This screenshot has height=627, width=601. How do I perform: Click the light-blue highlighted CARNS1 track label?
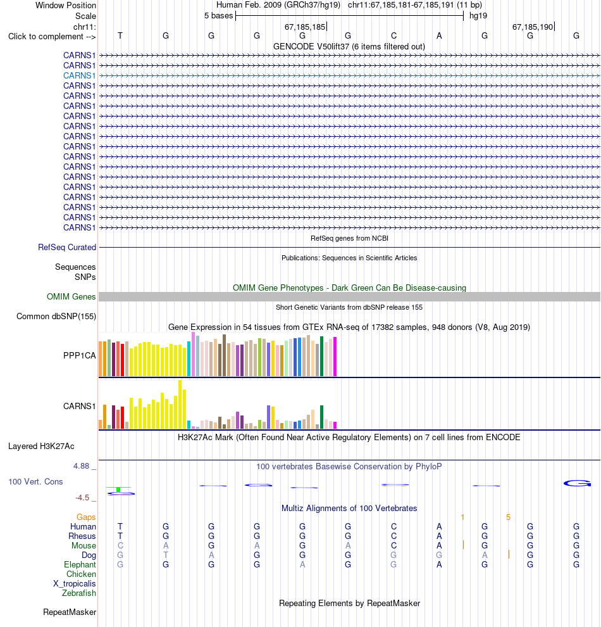point(80,75)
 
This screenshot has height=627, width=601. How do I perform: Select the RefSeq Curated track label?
point(67,247)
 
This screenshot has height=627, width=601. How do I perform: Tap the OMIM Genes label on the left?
point(71,296)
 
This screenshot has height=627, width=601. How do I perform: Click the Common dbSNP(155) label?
point(56,316)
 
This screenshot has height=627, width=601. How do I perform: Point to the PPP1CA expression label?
point(80,355)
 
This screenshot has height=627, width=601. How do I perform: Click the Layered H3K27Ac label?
point(41,446)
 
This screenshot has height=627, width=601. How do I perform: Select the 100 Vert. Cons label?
point(35,481)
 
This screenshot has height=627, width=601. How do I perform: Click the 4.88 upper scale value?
point(81,466)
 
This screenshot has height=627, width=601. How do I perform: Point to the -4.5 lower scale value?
point(82,497)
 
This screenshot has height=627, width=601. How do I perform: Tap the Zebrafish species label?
point(79,593)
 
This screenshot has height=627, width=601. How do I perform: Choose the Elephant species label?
point(80,565)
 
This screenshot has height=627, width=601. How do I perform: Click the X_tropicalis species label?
point(75,584)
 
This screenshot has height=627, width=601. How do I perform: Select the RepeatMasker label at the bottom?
point(70,612)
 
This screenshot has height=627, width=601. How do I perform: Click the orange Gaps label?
point(86,517)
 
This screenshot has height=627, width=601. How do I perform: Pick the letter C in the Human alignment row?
point(393,527)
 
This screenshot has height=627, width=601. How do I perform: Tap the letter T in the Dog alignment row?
point(166,555)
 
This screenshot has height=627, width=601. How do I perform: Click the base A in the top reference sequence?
point(439,36)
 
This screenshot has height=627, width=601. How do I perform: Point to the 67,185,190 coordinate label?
point(533,27)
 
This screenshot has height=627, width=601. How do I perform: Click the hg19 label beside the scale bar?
point(478,16)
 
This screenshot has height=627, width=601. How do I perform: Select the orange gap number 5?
point(509,517)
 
